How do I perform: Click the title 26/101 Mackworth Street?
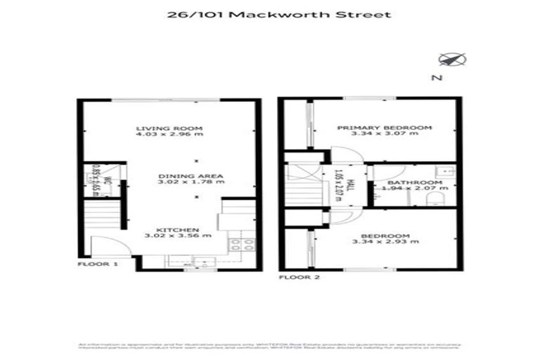point(270,15)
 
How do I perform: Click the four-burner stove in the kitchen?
point(242,245)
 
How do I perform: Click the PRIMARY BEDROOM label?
point(384,128)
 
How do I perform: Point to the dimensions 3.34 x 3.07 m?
point(384,136)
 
